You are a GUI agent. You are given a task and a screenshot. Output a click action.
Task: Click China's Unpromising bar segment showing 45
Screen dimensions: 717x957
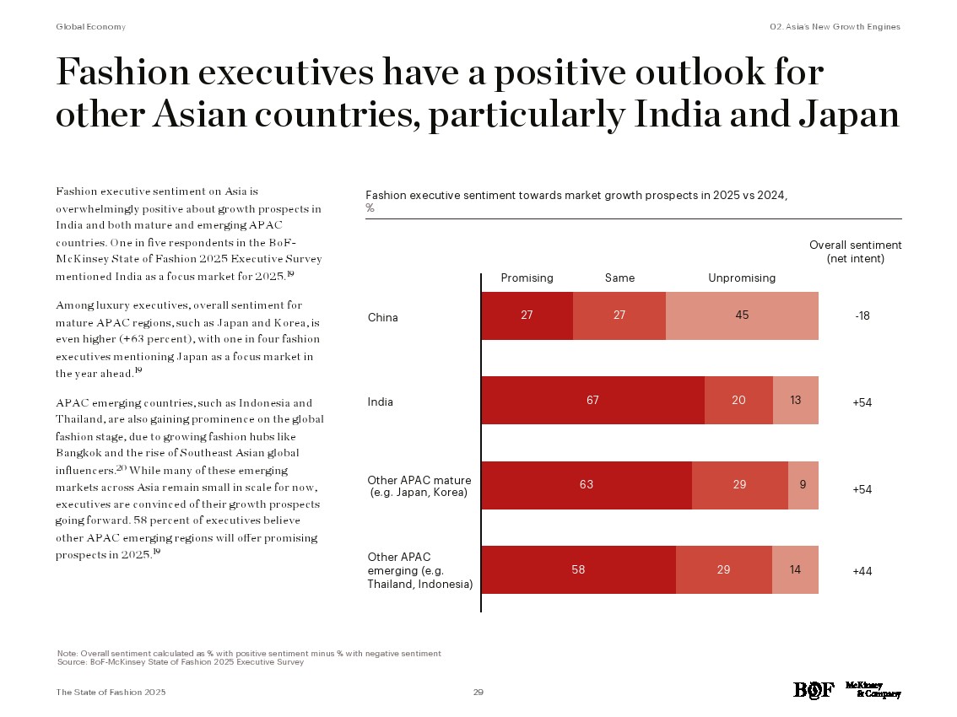(742, 315)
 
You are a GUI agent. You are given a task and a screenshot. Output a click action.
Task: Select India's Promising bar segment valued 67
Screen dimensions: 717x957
(592, 401)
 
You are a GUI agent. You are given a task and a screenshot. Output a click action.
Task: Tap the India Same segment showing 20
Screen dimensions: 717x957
(738, 401)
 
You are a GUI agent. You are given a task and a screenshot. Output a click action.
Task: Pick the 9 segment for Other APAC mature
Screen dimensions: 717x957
(803, 485)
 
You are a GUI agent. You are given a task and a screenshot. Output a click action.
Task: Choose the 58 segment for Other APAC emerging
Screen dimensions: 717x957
(578, 569)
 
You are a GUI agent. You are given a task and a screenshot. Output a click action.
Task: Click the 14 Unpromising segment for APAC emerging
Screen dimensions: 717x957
(795, 569)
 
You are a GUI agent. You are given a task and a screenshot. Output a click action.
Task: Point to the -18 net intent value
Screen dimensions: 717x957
(862, 316)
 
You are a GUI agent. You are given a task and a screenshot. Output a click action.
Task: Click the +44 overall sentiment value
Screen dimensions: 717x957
(862, 571)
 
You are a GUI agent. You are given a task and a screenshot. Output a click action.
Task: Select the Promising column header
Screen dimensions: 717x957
(527, 278)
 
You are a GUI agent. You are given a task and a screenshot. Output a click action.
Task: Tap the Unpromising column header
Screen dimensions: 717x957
(741, 278)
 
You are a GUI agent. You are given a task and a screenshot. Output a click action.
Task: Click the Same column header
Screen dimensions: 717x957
(619, 278)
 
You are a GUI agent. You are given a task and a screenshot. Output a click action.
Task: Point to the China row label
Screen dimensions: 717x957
(382, 317)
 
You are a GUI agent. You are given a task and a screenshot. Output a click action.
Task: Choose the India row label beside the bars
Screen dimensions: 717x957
(380, 402)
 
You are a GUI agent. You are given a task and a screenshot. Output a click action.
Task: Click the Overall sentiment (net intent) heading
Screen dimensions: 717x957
(855, 251)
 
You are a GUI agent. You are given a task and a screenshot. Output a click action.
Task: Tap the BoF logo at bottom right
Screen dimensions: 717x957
(813, 690)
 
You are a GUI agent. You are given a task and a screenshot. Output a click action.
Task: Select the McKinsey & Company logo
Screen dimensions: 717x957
(873, 689)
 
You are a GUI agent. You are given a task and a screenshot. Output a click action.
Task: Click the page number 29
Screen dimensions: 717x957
(478, 692)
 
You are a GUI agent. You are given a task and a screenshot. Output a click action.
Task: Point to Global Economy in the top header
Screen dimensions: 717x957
(90, 27)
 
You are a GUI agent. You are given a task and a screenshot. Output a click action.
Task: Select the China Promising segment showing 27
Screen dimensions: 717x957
(527, 315)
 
